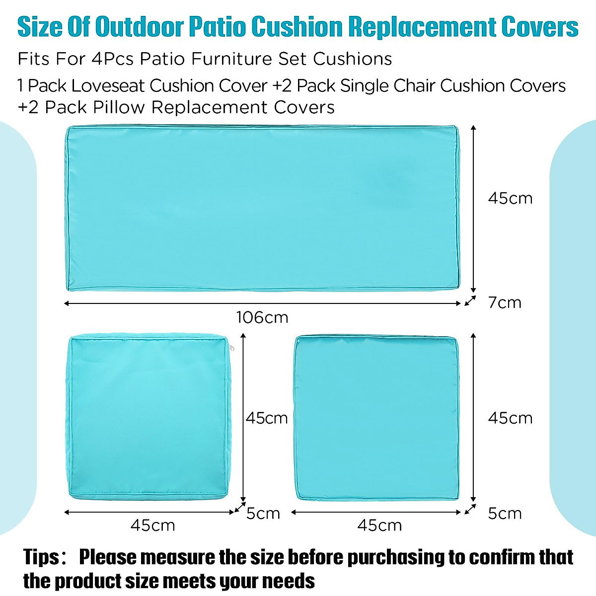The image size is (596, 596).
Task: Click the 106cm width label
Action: [x=262, y=317]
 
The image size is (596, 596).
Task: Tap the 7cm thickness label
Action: [x=505, y=302]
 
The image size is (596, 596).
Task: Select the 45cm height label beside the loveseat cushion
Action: [x=510, y=199]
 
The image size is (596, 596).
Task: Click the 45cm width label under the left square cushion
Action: [x=152, y=525]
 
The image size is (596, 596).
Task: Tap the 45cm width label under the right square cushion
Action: [x=379, y=525]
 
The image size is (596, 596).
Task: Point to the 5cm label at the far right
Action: [x=505, y=514]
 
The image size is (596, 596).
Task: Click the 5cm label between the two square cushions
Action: [x=263, y=514]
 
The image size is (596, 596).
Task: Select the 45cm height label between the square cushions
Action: [x=267, y=418]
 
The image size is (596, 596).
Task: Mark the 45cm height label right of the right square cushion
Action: [x=510, y=418]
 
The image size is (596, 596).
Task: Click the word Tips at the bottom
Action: [x=42, y=557]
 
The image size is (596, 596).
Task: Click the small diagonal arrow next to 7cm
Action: [x=470, y=301]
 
